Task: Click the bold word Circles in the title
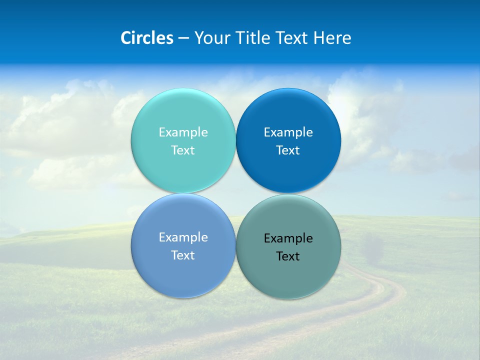(147, 38)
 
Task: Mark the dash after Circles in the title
(183, 38)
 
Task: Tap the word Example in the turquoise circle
(183, 132)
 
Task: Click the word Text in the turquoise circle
(183, 150)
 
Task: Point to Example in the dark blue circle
(288, 132)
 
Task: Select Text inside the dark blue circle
(288, 150)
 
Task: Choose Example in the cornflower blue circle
(183, 237)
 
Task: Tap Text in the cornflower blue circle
(183, 255)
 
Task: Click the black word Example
(288, 238)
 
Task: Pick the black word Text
(288, 256)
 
